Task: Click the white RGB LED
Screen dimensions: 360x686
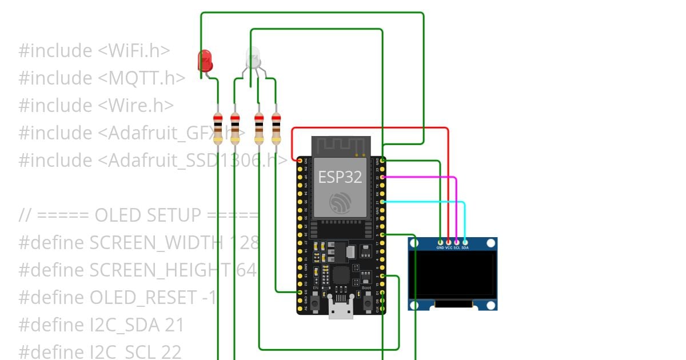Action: pyautogui.click(x=253, y=58)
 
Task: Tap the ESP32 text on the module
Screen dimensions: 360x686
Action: pyautogui.click(x=340, y=177)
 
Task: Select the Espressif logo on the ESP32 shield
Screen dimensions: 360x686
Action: pyautogui.click(x=340, y=203)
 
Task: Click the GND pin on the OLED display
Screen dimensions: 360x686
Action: pyautogui.click(x=440, y=243)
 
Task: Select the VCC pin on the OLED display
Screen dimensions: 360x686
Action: pyautogui.click(x=448, y=243)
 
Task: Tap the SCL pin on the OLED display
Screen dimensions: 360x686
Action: pyautogui.click(x=457, y=243)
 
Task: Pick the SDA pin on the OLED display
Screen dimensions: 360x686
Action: pyautogui.click(x=465, y=243)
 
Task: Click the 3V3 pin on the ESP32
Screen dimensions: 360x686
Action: pyautogui.click(x=300, y=161)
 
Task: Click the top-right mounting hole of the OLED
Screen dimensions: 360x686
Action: pyautogui.click(x=490, y=244)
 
